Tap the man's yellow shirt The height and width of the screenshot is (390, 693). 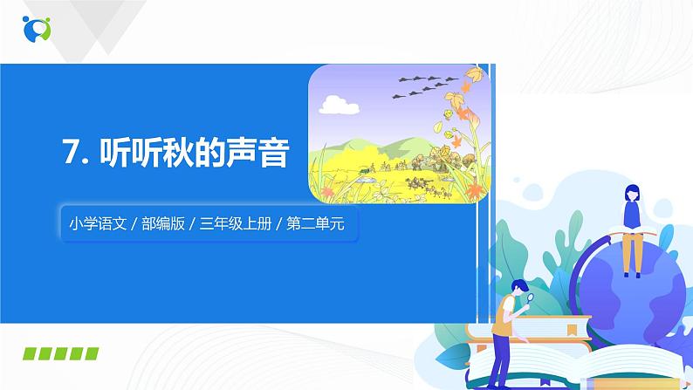coord(503,319)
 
